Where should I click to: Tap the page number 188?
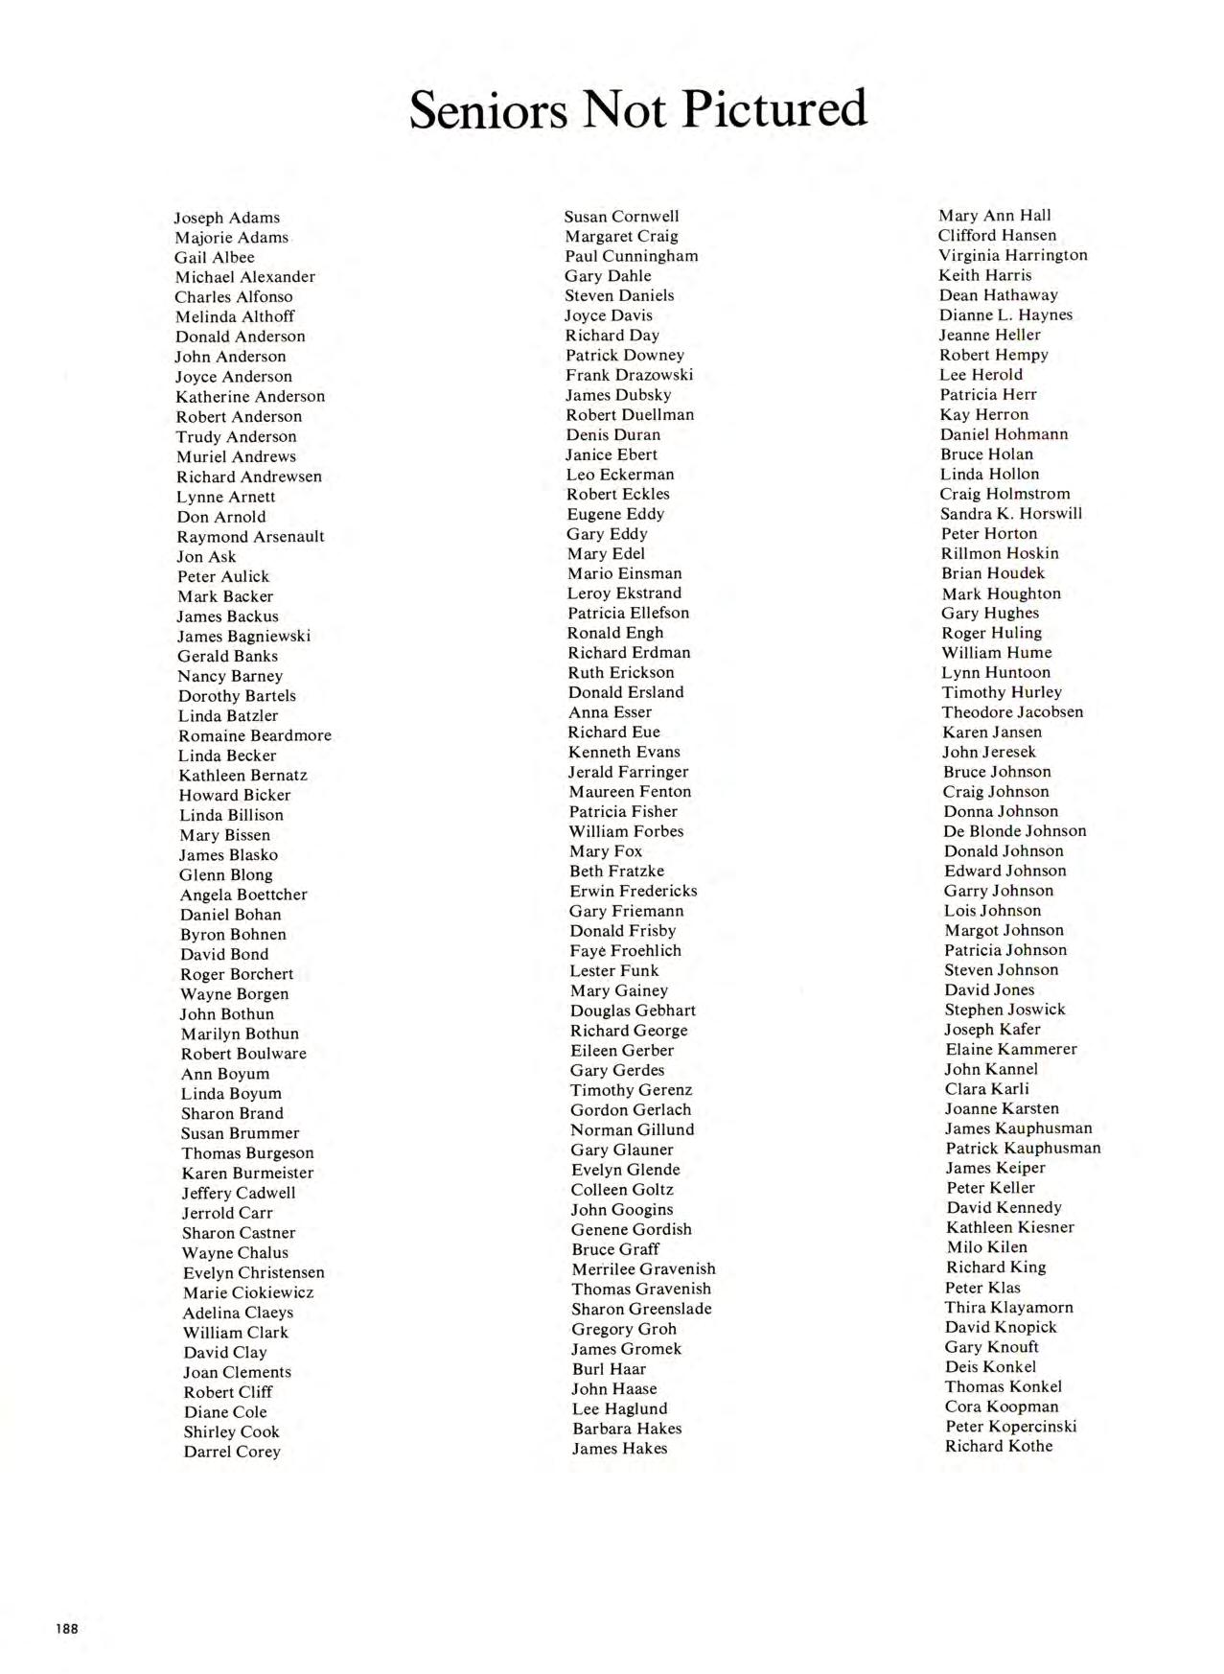click(x=67, y=1628)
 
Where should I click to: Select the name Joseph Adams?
click(x=227, y=218)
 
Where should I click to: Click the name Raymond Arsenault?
click(x=250, y=537)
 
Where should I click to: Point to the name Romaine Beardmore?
click(x=255, y=735)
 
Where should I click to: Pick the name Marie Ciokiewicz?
click(x=248, y=1292)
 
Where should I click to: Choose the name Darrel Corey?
click(x=232, y=1452)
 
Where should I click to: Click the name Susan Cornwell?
click(x=621, y=217)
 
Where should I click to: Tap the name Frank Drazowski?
click(x=629, y=375)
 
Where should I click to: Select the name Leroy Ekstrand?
click(x=624, y=593)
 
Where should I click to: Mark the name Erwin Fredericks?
click(x=634, y=891)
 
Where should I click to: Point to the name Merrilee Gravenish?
click(x=643, y=1269)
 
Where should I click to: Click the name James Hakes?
click(x=619, y=1448)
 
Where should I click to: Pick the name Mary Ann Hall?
click(x=994, y=216)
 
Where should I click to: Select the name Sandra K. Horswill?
click(x=1011, y=514)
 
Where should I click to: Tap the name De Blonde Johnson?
click(x=1015, y=831)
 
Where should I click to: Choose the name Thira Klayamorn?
click(x=1009, y=1308)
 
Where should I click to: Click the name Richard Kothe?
click(x=999, y=1446)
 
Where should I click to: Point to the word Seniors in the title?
click(x=489, y=110)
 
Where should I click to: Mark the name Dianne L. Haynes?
click(x=1005, y=314)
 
